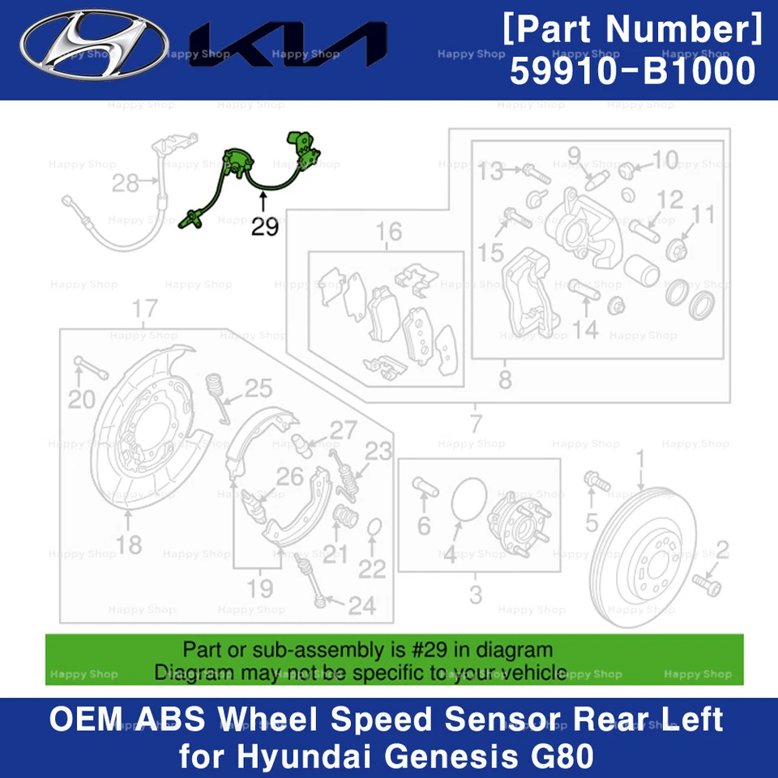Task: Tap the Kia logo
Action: coord(288,45)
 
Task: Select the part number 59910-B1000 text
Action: coord(632,72)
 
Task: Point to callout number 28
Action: coord(126,183)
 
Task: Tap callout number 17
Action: coord(143,309)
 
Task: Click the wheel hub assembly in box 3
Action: coord(515,523)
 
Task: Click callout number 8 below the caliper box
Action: coord(505,379)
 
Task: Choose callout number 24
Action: coord(361,605)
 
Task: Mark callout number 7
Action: coord(475,423)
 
